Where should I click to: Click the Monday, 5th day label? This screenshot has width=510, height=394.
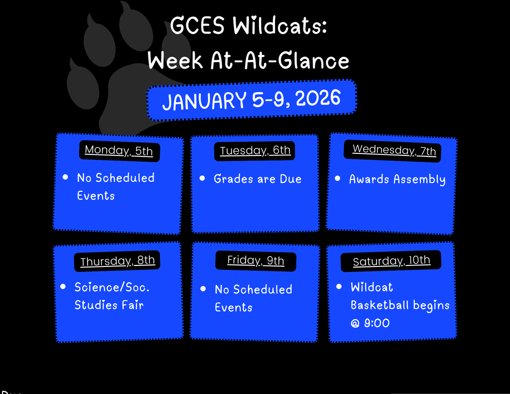point(119,150)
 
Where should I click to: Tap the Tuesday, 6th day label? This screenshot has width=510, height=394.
point(255,150)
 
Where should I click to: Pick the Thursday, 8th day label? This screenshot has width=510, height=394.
point(118,261)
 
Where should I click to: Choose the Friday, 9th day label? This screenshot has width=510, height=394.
point(255,261)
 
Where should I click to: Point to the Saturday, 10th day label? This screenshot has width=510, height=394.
point(391,261)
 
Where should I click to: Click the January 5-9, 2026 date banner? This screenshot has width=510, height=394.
point(252,100)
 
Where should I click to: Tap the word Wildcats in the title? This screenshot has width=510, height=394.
point(280,26)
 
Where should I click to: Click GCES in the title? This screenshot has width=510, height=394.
point(198,26)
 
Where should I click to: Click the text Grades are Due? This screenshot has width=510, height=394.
point(257,179)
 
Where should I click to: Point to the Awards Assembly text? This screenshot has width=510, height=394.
point(397,179)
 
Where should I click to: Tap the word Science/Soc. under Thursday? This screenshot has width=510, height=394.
point(112,287)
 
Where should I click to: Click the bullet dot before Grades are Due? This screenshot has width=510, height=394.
point(202,178)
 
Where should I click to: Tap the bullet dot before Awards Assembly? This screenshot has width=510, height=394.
point(338,178)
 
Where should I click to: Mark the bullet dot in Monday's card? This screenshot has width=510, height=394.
point(66,177)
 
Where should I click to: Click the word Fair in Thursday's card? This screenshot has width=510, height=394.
point(132,305)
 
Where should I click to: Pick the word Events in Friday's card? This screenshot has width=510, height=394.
point(234,307)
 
